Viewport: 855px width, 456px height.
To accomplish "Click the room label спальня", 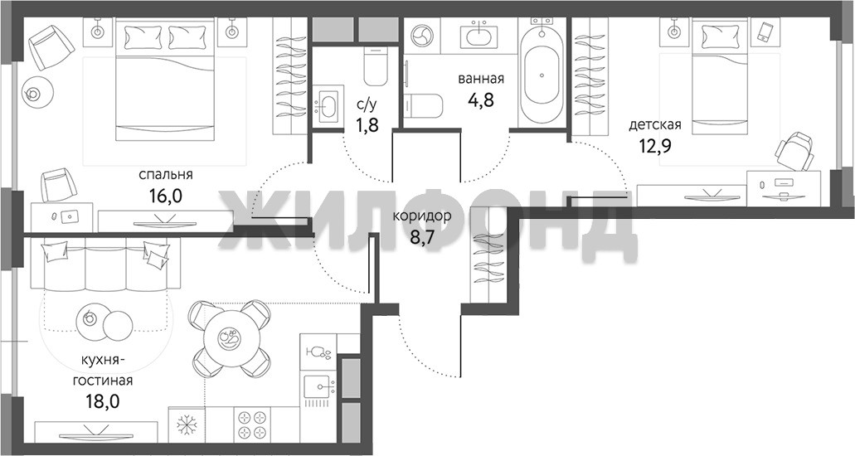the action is [x=166, y=175].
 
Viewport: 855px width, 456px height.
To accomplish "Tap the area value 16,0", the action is [x=165, y=196].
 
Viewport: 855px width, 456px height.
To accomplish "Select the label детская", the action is [x=655, y=125].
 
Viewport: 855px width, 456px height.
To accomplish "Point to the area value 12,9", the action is [x=655, y=146].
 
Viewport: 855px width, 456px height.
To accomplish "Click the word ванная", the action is [x=481, y=79].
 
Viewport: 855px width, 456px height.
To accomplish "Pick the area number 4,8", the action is [x=481, y=99].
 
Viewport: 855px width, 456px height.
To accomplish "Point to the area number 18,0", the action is [x=103, y=402].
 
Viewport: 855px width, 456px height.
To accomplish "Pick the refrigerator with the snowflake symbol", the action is [x=187, y=424].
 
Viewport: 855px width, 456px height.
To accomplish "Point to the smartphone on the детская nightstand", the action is [x=763, y=32].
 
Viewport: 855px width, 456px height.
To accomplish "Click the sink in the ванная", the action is [x=480, y=36].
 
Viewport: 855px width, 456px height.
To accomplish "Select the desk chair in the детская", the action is [x=795, y=151].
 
